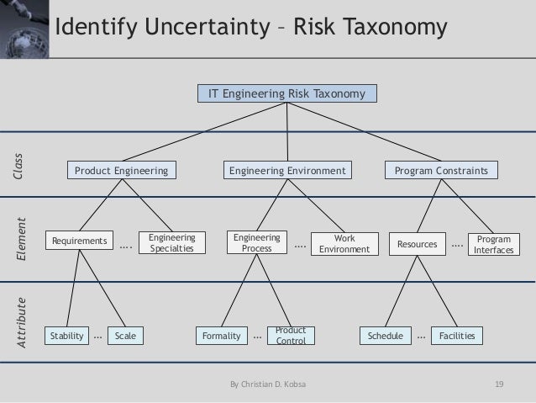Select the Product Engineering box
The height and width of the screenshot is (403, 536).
click(122, 171)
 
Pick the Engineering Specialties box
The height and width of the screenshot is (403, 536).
click(166, 243)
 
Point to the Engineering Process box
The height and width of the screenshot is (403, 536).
click(255, 243)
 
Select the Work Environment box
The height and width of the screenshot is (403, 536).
click(340, 244)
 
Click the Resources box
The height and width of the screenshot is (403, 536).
click(418, 244)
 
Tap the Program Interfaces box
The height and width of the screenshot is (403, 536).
click(493, 245)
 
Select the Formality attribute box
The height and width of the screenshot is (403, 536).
click(221, 336)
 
